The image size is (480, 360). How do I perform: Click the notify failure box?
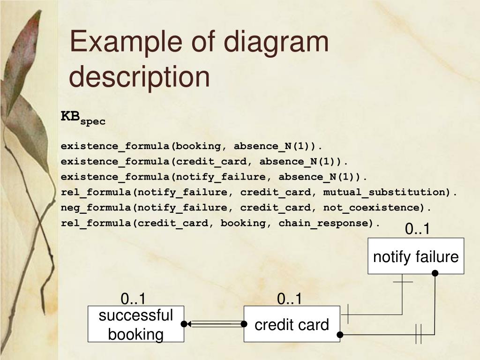[415, 256]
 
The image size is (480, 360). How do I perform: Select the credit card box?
[292, 324]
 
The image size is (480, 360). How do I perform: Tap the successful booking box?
[136, 324]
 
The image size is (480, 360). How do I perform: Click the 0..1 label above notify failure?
[417, 229]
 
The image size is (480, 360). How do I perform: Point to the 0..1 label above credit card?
[290, 299]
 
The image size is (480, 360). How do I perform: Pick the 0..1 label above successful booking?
[134, 299]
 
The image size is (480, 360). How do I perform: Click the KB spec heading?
[82, 117]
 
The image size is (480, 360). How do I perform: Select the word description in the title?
[140, 77]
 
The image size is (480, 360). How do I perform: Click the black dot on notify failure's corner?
[435, 273]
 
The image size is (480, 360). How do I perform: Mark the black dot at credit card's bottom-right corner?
[340, 335]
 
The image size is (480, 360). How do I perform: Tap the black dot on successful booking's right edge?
[184, 324]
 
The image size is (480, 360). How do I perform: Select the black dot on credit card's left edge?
[244, 324]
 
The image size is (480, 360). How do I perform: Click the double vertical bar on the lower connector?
[419, 335]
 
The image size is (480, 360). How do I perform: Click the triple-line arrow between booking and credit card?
[214, 324]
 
